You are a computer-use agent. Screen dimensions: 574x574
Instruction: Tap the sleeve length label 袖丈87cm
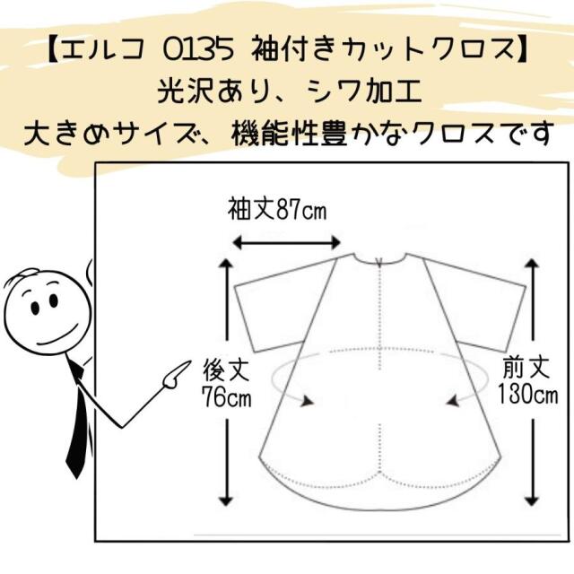coord(277,210)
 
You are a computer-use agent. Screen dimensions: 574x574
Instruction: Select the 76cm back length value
coord(227,396)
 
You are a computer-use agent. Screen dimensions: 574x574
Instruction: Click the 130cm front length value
coord(527,395)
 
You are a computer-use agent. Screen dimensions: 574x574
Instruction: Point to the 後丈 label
coord(227,370)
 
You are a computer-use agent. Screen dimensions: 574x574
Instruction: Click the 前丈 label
coord(526,368)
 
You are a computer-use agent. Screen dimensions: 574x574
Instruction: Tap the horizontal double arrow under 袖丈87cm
coord(287,242)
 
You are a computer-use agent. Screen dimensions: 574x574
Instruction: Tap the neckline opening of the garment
coord(379,258)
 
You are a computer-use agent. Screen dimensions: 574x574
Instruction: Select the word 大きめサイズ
coord(117,134)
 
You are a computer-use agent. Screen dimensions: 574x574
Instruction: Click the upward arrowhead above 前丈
coord(532,263)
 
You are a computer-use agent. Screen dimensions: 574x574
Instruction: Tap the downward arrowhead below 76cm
coord(227,500)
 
